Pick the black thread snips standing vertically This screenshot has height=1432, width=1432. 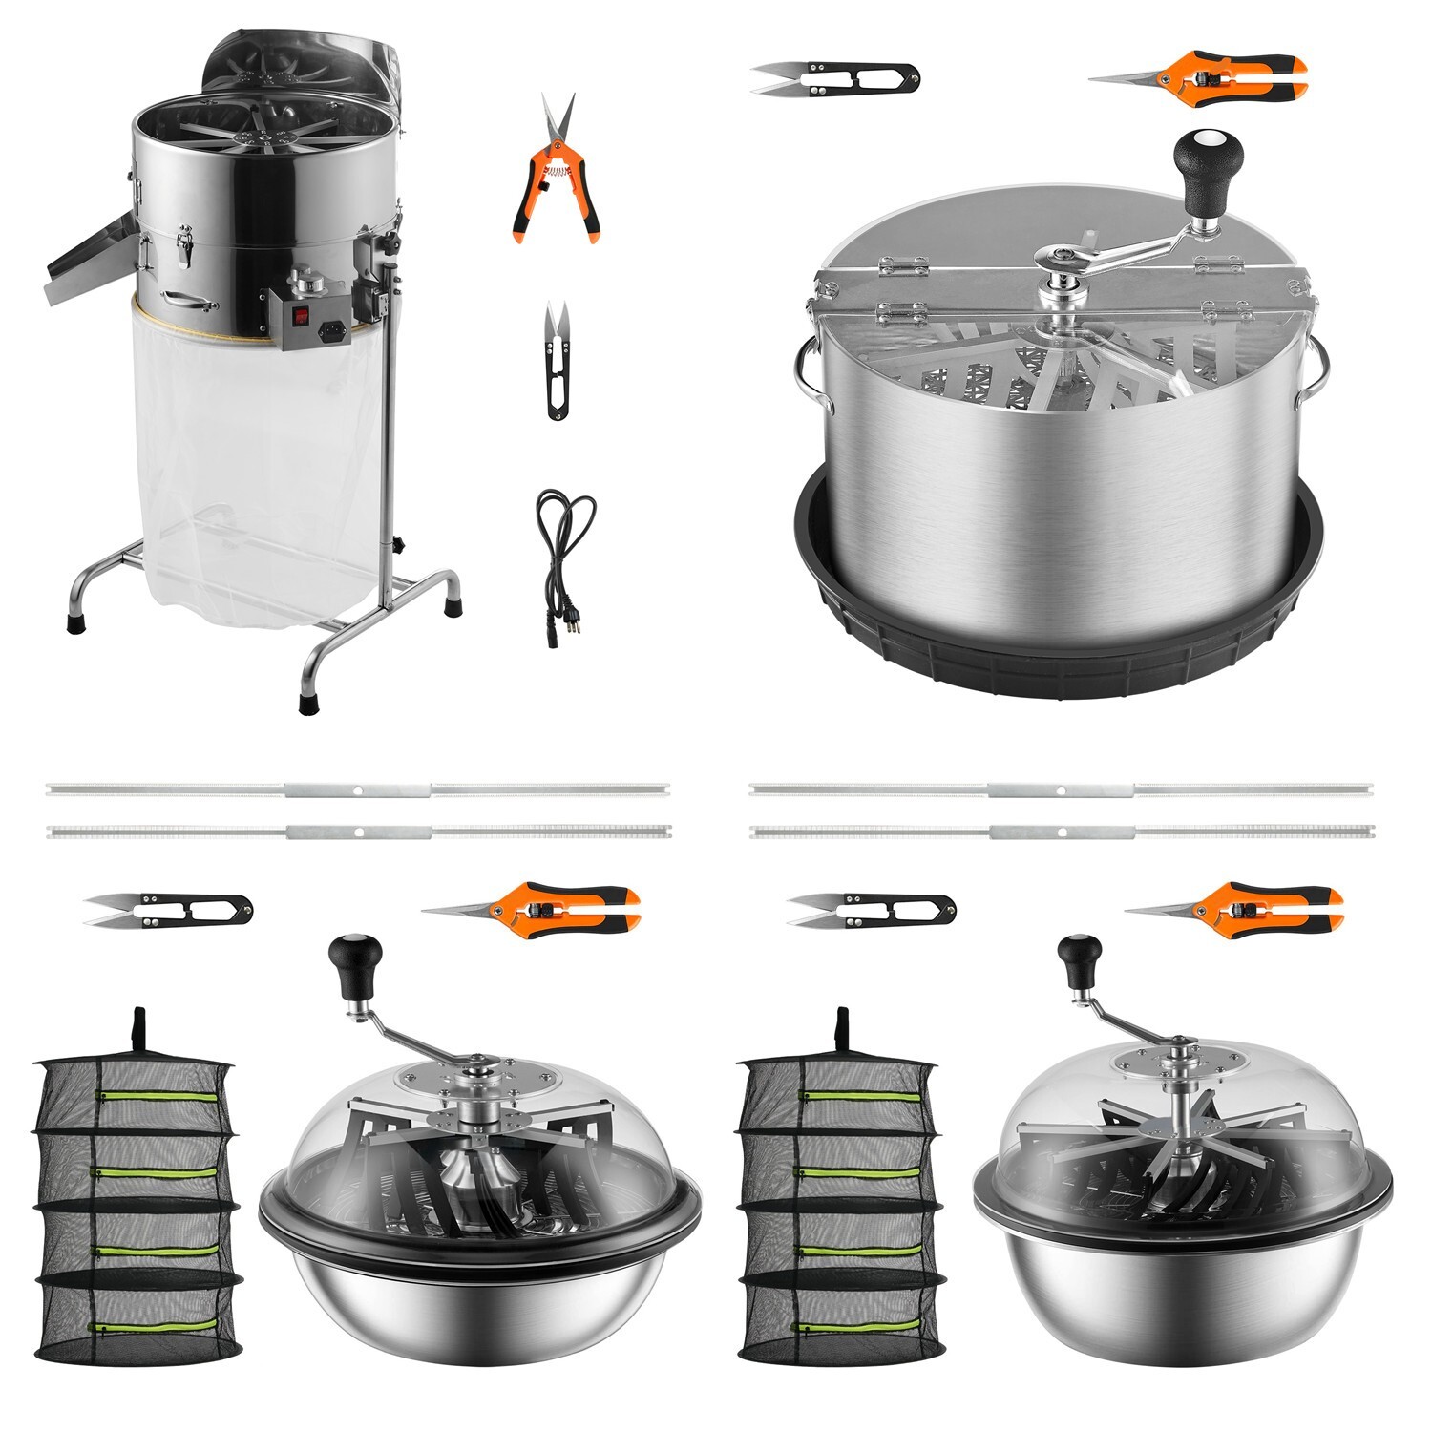tap(558, 361)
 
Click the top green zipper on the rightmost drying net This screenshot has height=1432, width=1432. tap(859, 1095)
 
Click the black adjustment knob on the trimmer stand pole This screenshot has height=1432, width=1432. tap(399, 546)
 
